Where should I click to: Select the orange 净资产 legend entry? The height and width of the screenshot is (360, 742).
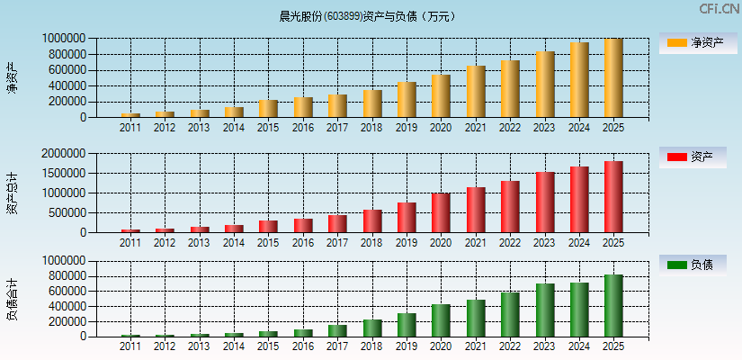pyautogui.click(x=698, y=42)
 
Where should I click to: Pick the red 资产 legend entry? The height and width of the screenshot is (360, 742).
pyautogui.click(x=698, y=157)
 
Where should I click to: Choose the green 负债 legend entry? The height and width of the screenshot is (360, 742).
pyautogui.click(x=698, y=265)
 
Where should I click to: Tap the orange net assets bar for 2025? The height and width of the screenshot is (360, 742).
pyautogui.click(x=613, y=78)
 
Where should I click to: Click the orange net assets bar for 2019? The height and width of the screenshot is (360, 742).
pyautogui.click(x=407, y=100)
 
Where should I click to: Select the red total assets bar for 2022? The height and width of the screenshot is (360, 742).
pyautogui.click(x=510, y=207)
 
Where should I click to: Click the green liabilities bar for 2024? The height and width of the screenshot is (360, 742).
pyautogui.click(x=579, y=310)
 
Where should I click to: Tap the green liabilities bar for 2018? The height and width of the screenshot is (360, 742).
pyautogui.click(x=372, y=328)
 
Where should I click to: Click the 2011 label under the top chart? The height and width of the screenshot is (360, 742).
pyautogui.click(x=130, y=128)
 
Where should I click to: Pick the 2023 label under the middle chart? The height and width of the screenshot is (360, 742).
pyautogui.click(x=544, y=242)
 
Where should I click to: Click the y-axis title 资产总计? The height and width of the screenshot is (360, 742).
pyautogui.click(x=12, y=193)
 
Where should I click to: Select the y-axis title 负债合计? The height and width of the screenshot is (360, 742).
pyautogui.click(x=12, y=299)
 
